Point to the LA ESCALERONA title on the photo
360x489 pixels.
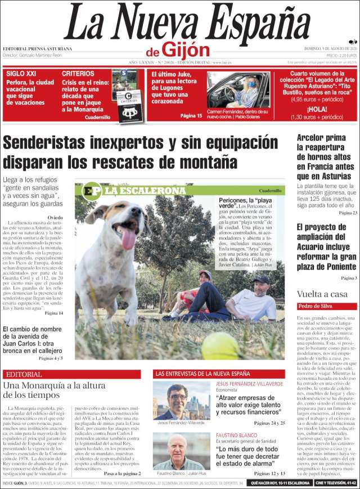144,191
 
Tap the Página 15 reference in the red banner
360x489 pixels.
191,115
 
